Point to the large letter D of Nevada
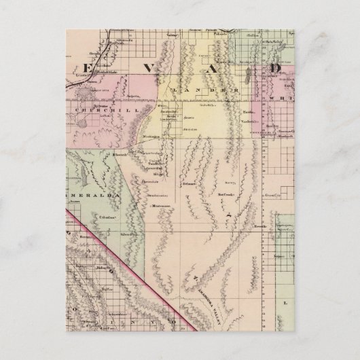pyautogui.click(x=274, y=69)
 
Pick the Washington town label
pyautogui.click(x=159, y=137)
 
